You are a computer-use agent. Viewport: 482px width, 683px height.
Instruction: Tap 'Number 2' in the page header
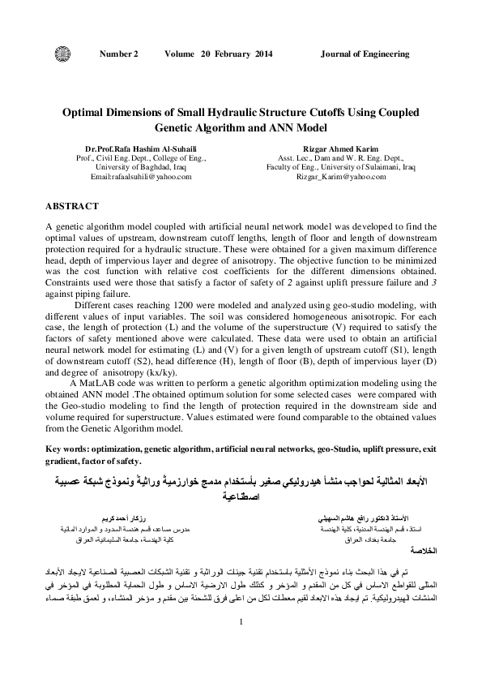118,54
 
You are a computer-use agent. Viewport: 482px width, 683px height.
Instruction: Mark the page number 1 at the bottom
241,644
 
